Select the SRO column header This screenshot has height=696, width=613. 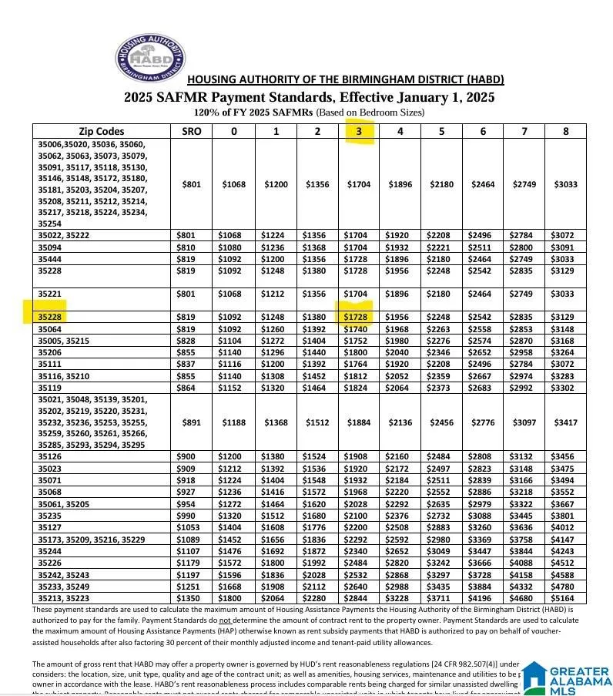point(191,131)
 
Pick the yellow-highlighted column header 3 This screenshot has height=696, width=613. point(358,131)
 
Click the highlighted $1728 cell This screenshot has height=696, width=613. point(355,316)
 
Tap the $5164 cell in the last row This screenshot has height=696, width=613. point(565,597)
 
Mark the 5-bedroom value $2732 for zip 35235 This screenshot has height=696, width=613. point(441,516)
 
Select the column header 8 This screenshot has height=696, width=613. point(565,131)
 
